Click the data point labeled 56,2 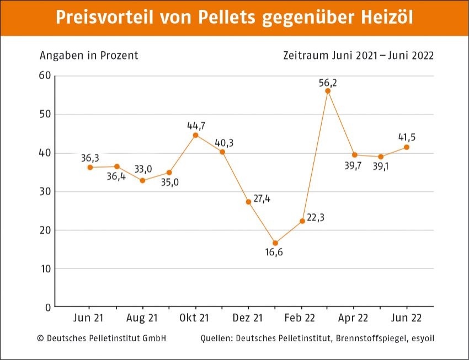tap(328, 91)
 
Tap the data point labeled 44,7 tap(195, 135)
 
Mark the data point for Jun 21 tap(90, 167)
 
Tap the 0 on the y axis tap(48, 307)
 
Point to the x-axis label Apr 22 tap(354, 318)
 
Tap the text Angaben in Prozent tap(89, 56)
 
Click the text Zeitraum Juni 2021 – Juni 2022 tap(358, 56)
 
